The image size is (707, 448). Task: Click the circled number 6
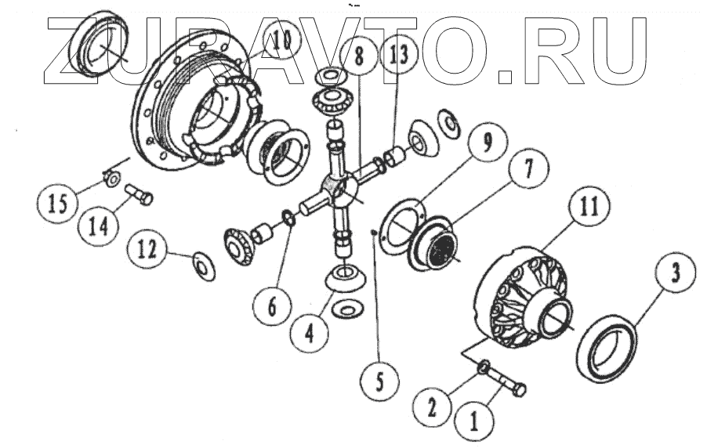[x=272, y=305]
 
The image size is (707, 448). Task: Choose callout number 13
[x=397, y=56]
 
